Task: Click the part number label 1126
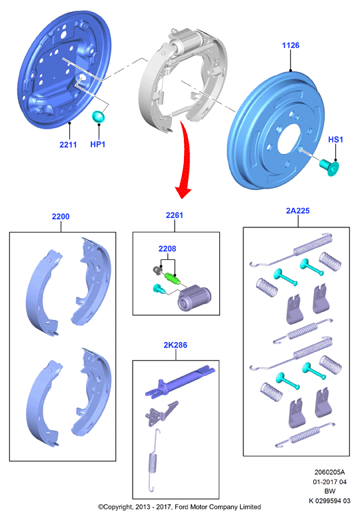pyautogui.click(x=291, y=45)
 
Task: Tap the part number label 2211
pyautogui.click(x=68, y=145)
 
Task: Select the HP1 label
pyautogui.click(x=98, y=145)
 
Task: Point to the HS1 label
pyautogui.click(x=335, y=139)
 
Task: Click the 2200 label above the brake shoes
pyautogui.click(x=61, y=217)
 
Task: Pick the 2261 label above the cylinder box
pyautogui.click(x=175, y=215)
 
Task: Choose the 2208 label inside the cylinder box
pyautogui.click(x=167, y=249)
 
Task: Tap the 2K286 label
pyautogui.click(x=175, y=345)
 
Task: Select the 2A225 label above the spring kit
pyautogui.click(x=298, y=211)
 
